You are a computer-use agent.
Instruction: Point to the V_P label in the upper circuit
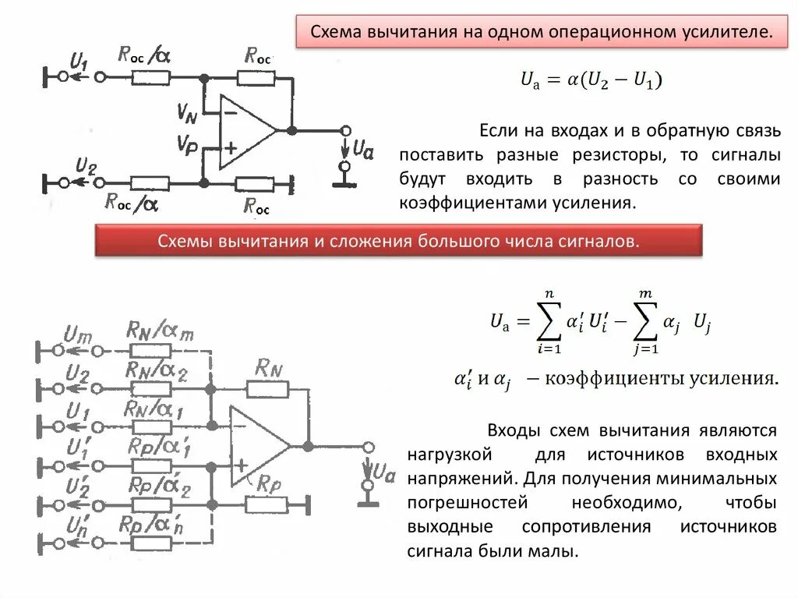point(187,144)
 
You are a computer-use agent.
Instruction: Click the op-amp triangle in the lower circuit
point(256,446)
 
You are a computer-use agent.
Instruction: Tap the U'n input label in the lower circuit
point(76,523)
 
